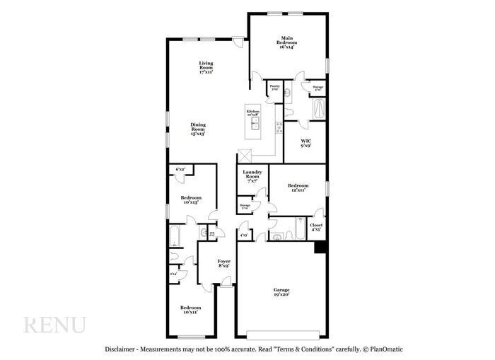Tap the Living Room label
(206, 67)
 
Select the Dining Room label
(198, 128)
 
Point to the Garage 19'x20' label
(281, 291)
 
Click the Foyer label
(223, 264)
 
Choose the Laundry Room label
(252, 177)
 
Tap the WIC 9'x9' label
(305, 144)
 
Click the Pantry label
(274, 88)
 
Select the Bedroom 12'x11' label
(297, 187)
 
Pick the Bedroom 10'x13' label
(190, 199)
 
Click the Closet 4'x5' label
(316, 227)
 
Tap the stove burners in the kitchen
(279, 128)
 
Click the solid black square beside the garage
(320, 247)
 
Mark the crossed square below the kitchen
(245, 158)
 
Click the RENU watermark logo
(55, 325)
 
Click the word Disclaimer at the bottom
(121, 349)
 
